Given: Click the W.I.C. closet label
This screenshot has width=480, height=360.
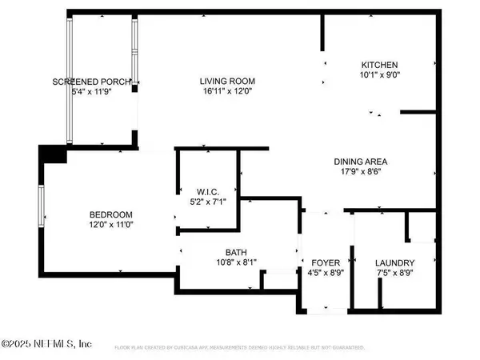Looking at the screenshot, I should (206, 190).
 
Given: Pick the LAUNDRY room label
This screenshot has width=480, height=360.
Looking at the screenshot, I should (394, 263).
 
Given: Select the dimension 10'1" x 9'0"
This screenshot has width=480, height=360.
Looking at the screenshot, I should (379, 76).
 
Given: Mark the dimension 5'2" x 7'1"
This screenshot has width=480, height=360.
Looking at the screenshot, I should (206, 202).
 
